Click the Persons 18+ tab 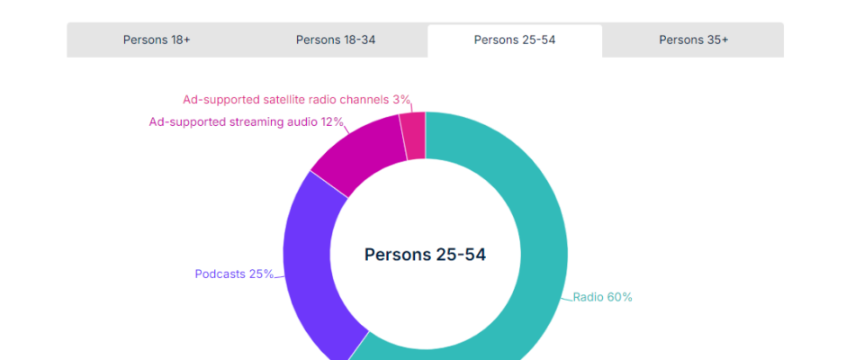coord(157,40)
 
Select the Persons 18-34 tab coord(336,40)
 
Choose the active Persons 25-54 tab coord(515,40)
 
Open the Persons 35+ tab coord(693,40)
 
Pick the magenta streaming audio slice coord(360,153)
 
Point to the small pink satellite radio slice coord(413,136)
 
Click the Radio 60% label coord(602,297)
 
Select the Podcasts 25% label coord(234,274)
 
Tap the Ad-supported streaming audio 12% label coord(246,121)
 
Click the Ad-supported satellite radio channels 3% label coord(296,99)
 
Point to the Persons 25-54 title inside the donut coord(425,255)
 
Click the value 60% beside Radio coord(619,297)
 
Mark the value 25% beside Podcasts coord(261,274)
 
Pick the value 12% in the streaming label coord(331,121)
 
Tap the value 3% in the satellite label coord(401,99)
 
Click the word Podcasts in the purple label coord(220,274)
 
